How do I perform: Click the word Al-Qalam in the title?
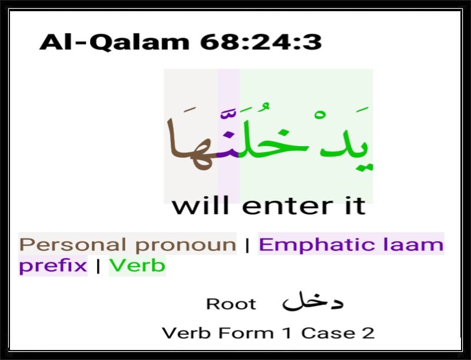tap(114, 42)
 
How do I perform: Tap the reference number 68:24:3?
tap(261, 42)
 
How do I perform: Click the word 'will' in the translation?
tap(201, 205)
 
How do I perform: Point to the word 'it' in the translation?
tap(356, 206)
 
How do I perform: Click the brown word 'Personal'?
tap(72, 245)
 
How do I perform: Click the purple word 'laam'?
tap(414, 245)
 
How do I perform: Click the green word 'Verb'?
tap(137, 266)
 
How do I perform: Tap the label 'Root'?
tap(231, 304)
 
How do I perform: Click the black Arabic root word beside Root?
tap(313, 301)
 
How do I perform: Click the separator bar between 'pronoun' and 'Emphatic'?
tap(247, 245)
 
